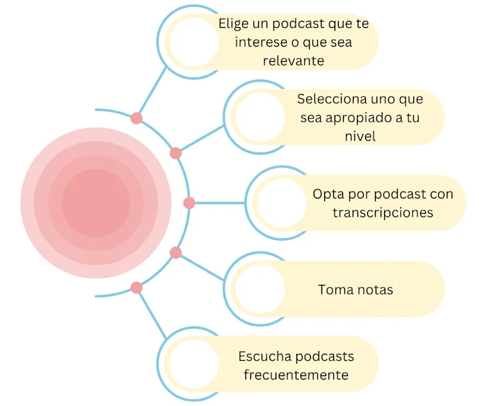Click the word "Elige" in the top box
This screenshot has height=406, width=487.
(x=233, y=23)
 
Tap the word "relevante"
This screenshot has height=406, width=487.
(x=294, y=60)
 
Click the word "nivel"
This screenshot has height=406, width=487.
(x=360, y=136)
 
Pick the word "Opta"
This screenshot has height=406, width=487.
(x=327, y=194)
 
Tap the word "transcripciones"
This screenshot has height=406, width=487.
(x=383, y=212)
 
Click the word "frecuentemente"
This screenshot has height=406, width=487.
(x=296, y=375)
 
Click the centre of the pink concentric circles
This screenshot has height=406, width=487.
(x=96, y=203)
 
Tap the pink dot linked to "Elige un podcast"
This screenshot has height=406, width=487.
(x=136, y=118)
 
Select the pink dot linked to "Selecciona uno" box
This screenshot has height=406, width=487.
(x=175, y=153)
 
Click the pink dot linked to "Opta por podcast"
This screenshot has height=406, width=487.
(x=189, y=203)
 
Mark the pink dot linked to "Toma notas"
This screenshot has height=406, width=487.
(x=175, y=253)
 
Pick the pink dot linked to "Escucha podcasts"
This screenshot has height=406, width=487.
(x=136, y=287)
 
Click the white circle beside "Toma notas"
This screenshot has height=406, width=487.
(x=257, y=288)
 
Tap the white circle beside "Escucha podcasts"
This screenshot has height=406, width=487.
(x=193, y=366)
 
